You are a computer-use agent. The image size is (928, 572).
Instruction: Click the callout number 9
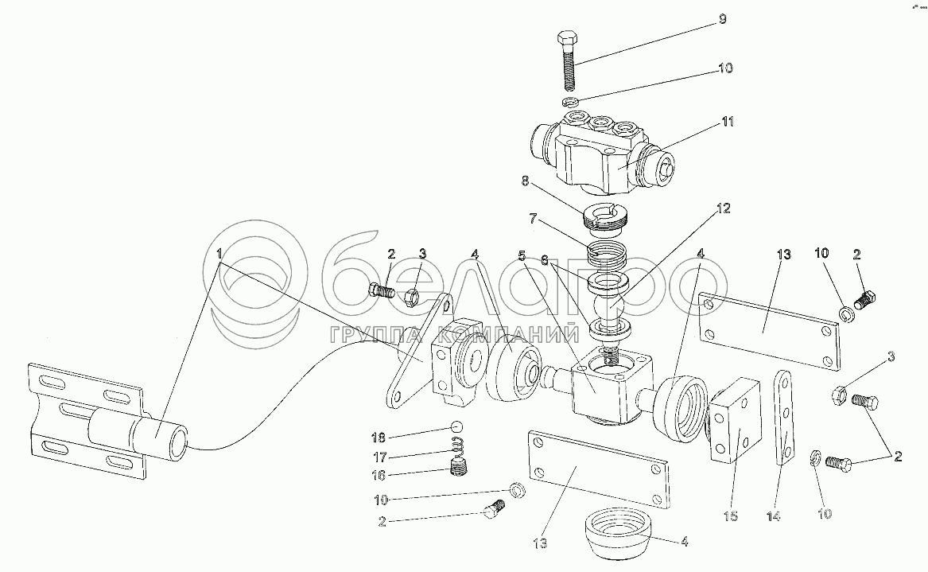pos(723,20)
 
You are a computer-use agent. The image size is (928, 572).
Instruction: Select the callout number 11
pos(728,122)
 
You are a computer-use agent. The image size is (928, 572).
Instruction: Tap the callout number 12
pos(723,208)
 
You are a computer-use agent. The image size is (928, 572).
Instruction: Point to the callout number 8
pos(526,181)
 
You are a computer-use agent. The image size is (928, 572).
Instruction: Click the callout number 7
pos(534,219)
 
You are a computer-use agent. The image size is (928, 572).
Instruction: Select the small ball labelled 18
pos(456,426)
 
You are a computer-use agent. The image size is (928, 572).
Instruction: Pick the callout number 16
pos(379,476)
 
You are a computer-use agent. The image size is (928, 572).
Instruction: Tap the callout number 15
pos(731,516)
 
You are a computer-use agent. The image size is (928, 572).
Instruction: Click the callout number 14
pos(774,516)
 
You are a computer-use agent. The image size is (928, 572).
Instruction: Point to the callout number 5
pos(522,256)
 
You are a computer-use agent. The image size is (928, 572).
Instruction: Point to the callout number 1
pos(219,254)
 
